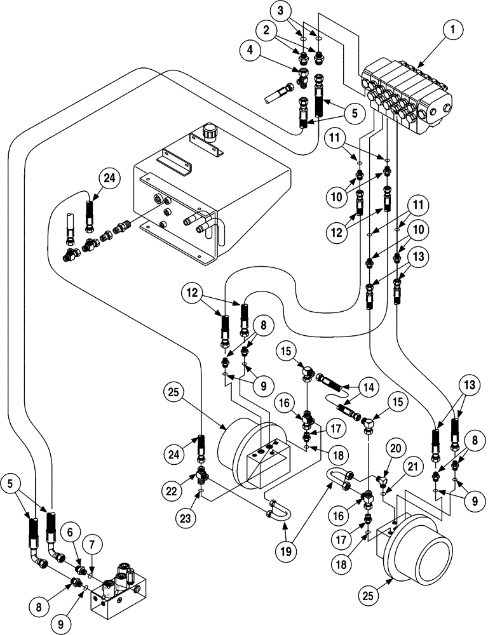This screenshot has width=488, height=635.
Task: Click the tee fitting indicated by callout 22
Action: pyautogui.click(x=202, y=474)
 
